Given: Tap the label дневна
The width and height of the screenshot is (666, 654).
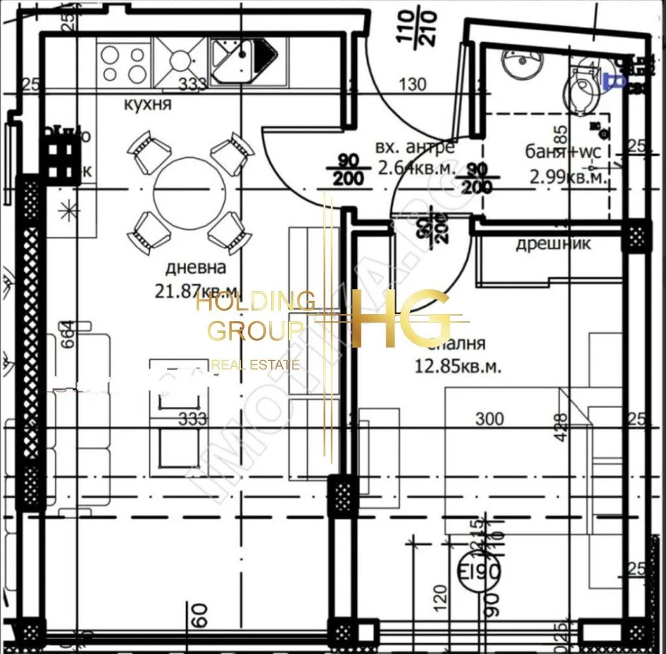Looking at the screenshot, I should [195, 267].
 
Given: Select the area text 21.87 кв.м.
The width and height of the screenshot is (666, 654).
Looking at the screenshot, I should [196, 290].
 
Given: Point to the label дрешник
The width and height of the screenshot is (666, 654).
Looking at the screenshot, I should [553, 244].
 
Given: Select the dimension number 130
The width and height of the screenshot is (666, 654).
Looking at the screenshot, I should [412, 84].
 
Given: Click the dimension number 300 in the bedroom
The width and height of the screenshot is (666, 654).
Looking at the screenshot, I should [490, 419].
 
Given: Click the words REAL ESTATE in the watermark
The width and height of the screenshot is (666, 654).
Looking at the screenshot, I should [256, 365].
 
